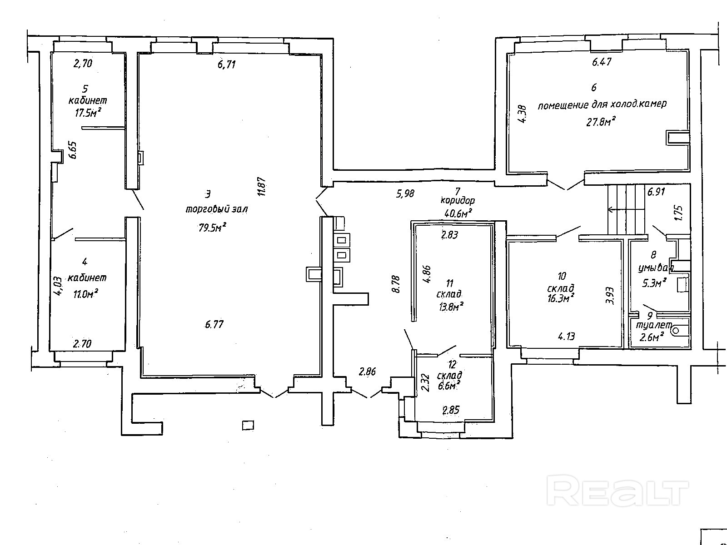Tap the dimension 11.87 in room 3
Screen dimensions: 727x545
261,186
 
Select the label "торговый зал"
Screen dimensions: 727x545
217,210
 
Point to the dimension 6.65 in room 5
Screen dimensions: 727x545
73,150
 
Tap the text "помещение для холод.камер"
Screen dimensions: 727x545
602,104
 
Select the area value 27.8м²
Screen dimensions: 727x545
601,122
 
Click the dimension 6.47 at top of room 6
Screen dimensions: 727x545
602,62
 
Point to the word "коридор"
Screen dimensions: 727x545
458,200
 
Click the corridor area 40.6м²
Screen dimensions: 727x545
458,213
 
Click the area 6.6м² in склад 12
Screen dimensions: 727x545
449,386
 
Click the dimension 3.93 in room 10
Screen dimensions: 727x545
611,295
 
